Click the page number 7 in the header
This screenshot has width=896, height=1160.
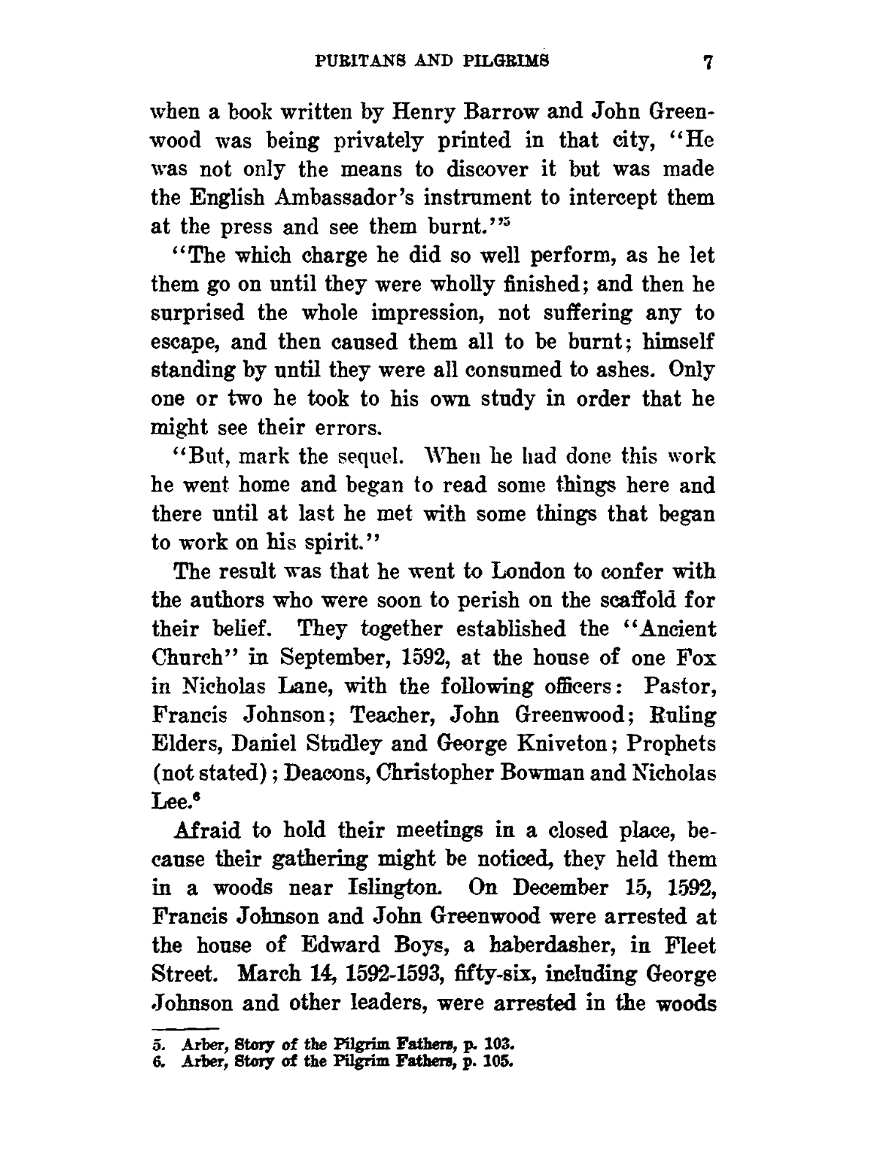click(708, 62)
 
